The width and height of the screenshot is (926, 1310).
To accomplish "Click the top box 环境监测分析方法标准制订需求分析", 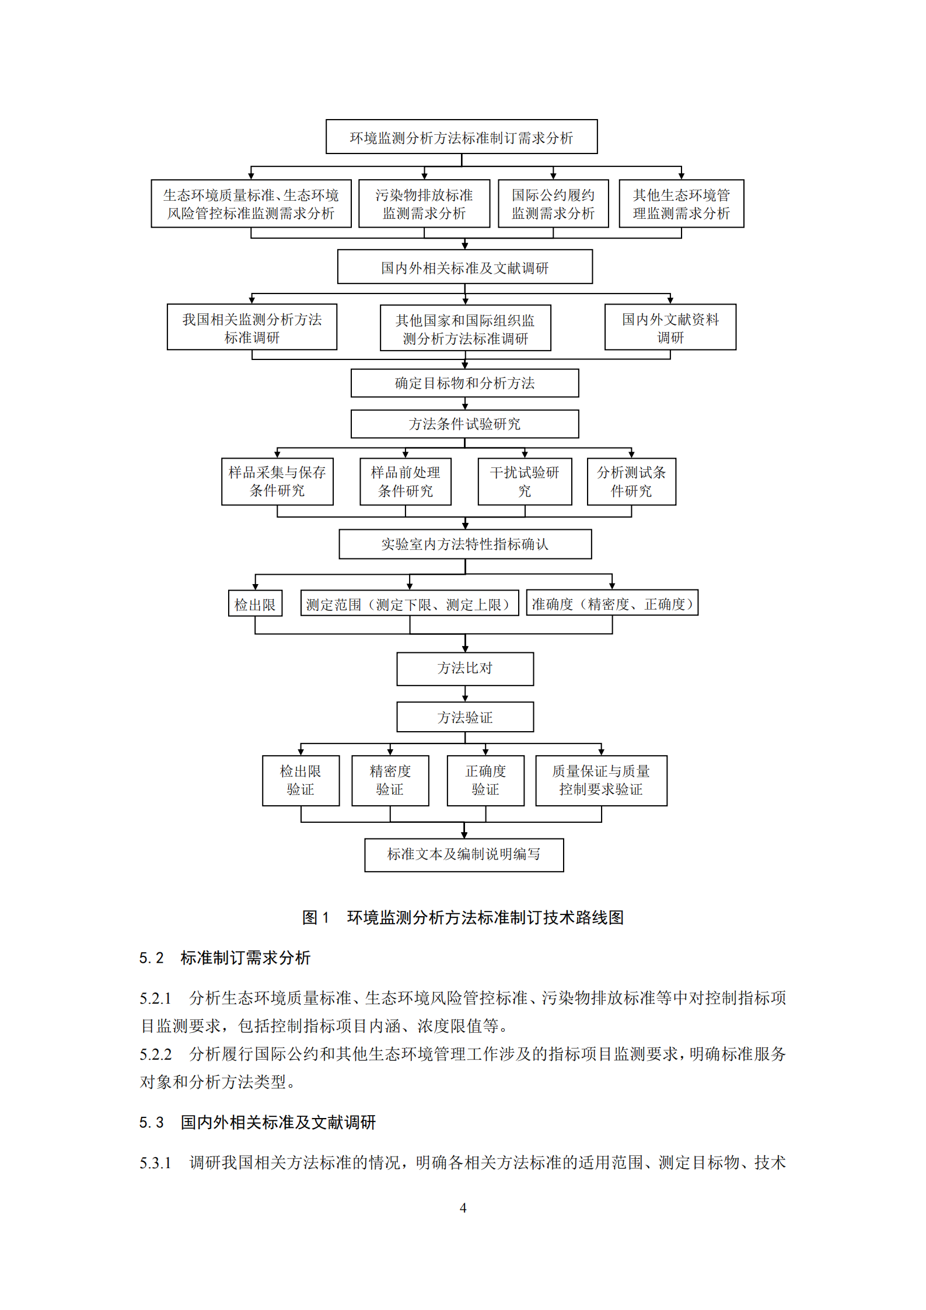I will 461,137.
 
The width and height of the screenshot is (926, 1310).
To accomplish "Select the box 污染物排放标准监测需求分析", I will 424,204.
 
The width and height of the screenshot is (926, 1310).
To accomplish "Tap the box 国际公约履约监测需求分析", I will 553,204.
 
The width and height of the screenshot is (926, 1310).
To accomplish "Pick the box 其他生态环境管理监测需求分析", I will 681,204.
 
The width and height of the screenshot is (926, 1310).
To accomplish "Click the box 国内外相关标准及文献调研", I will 464,267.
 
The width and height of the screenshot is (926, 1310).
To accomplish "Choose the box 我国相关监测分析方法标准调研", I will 251,327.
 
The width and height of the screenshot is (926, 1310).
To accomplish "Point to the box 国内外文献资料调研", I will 670,327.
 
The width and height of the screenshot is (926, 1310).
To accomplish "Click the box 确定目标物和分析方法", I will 464,383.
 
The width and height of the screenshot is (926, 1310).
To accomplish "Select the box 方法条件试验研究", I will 464,424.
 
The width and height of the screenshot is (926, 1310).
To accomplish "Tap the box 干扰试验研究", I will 525,481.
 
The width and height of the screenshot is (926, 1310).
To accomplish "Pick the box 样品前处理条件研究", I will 405,481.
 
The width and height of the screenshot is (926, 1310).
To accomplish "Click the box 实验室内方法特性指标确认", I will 464,544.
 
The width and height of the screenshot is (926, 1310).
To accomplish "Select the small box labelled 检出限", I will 255,604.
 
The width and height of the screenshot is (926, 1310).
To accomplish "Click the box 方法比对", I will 464,668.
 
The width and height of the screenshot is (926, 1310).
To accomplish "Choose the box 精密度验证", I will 390,780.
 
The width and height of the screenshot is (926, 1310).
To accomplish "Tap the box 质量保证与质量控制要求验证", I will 601,780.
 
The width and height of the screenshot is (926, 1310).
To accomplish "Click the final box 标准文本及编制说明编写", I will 464,854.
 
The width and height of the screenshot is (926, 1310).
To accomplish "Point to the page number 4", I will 463,1208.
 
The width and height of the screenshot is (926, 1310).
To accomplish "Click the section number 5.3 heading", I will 151,1122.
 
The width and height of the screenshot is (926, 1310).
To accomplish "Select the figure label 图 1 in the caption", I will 316,917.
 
